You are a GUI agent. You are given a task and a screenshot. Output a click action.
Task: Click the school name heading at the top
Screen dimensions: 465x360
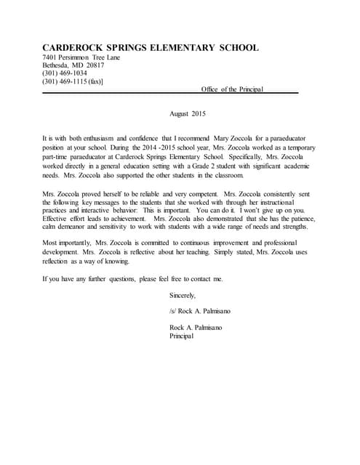(x=151, y=48)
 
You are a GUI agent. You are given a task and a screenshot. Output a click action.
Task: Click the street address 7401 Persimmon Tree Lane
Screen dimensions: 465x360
(x=81, y=57)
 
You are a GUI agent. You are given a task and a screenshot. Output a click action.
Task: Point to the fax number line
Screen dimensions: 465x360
(x=73, y=81)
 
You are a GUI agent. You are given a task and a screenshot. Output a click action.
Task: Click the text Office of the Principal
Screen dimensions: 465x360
(x=233, y=89)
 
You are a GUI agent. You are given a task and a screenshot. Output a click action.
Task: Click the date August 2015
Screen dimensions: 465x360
(x=188, y=114)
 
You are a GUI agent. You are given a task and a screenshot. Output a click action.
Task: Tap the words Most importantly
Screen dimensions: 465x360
(x=68, y=242)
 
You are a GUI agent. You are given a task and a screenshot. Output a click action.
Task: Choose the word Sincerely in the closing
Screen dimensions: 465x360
(x=183, y=295)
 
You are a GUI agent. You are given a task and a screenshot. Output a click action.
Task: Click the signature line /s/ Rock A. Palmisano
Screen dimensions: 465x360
(x=199, y=311)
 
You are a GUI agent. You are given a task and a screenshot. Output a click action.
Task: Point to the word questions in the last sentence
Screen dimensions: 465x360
(x=116, y=279)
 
